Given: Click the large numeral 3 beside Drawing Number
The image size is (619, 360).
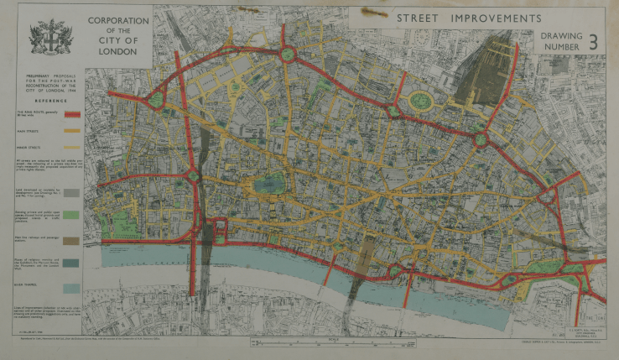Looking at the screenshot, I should point(594,42).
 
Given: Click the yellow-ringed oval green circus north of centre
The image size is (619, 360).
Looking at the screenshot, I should point(421,102).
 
